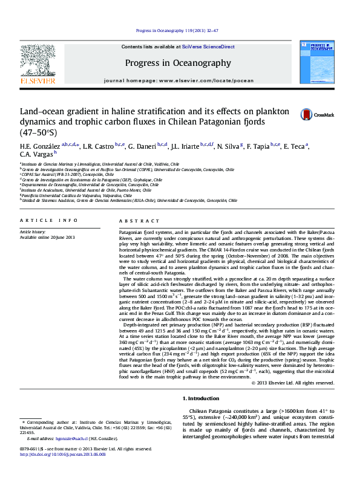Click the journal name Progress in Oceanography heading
(178, 63)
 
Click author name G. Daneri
(143, 147)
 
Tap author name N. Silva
(228, 147)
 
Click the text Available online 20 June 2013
(47, 236)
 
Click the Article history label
(33, 232)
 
